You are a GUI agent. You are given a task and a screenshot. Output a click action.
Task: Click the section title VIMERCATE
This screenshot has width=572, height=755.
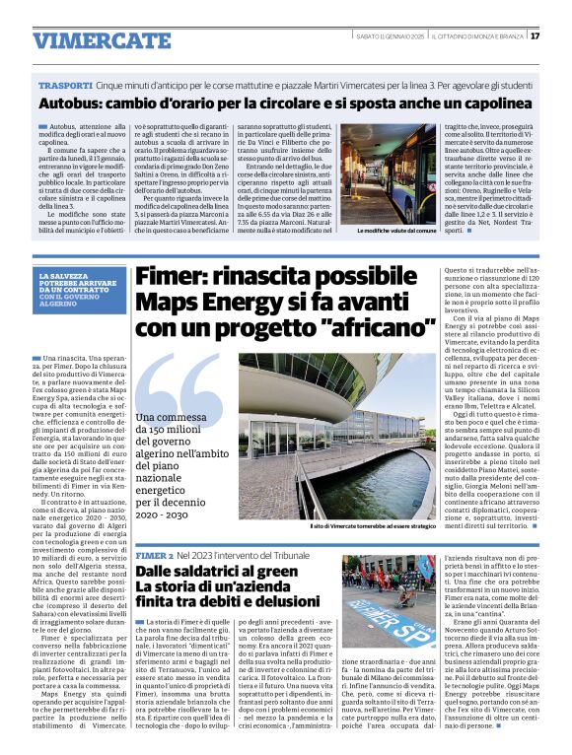point(87,40)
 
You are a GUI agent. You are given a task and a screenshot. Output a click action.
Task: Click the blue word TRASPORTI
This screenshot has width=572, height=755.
point(65,87)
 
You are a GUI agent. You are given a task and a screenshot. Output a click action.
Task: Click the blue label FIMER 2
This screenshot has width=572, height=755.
point(154,556)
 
